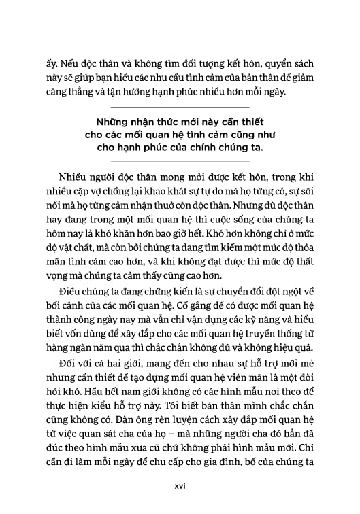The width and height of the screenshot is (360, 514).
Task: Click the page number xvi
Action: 180,485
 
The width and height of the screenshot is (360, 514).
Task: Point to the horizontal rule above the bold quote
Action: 180,108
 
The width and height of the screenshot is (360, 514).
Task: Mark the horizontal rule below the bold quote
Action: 180,162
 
